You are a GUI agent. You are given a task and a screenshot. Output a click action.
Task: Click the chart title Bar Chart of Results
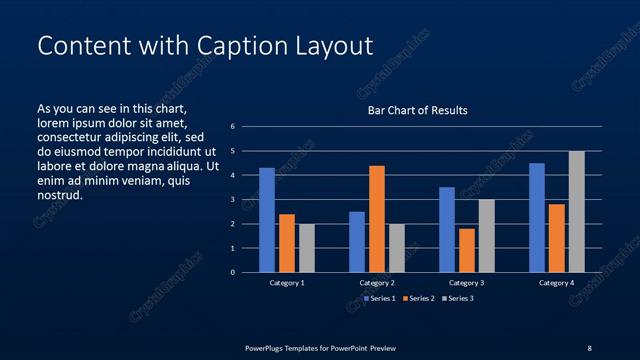click(417, 110)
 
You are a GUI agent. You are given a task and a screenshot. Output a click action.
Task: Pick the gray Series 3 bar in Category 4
click(577, 212)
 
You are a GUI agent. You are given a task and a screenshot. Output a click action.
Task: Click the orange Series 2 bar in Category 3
click(467, 250)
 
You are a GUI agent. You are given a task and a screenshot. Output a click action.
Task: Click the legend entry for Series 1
click(381, 298)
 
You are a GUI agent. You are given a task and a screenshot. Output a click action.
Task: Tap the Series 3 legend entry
click(460, 298)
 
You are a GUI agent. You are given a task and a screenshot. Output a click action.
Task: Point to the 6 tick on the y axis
click(232, 127)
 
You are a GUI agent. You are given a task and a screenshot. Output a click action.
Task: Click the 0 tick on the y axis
click(232, 272)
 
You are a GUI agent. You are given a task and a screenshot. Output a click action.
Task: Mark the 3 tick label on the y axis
click(232, 200)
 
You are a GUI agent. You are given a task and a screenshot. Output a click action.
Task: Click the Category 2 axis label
click(377, 283)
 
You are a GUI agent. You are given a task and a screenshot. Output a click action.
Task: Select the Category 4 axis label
click(557, 283)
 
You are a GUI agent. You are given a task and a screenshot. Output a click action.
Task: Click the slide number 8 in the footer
click(589, 348)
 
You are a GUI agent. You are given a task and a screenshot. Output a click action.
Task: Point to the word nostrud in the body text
click(59, 195)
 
